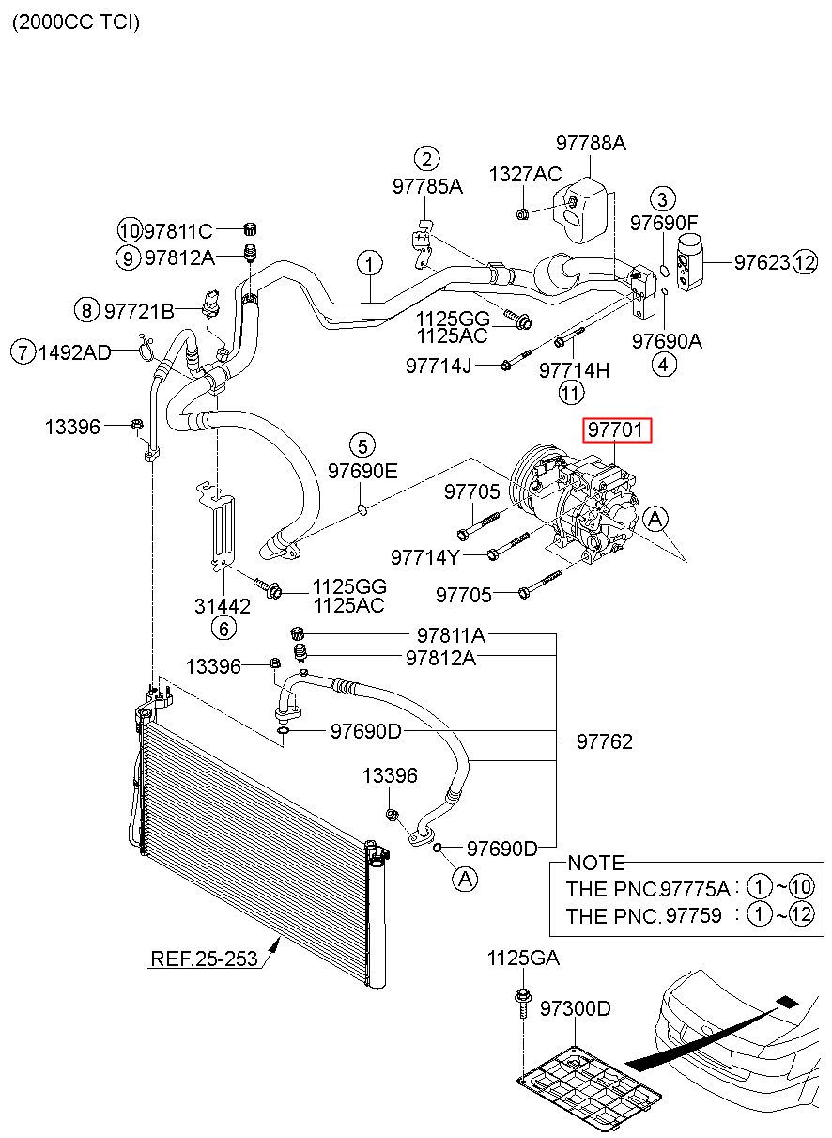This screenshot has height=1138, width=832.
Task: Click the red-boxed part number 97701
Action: click(615, 430)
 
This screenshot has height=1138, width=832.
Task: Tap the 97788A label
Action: click(591, 143)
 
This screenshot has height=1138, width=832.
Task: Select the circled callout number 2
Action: click(426, 159)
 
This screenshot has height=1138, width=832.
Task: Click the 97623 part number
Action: click(762, 262)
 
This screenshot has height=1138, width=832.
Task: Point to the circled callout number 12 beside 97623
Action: click(805, 263)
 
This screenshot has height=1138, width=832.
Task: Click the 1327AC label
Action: click(525, 174)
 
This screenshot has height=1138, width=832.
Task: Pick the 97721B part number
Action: click(139, 311)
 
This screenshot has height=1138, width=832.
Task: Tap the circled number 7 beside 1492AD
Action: click(23, 351)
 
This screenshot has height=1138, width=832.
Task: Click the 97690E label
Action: click(362, 471)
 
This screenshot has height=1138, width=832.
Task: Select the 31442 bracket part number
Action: click(223, 606)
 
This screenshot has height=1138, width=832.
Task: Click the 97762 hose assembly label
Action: click(605, 742)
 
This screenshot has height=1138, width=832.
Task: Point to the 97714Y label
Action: click(424, 557)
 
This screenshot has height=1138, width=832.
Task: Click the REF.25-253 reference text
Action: click(204, 959)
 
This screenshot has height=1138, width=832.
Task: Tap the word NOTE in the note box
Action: click(596, 863)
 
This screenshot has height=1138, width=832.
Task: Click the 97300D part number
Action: click(575, 1008)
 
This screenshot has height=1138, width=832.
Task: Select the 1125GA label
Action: click(523, 959)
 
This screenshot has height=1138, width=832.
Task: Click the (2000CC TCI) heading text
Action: click(76, 23)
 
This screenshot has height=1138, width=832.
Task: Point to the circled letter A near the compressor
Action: click(655, 519)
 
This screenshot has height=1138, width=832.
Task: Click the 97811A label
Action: click(451, 635)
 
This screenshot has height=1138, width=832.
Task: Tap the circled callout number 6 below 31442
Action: click(223, 629)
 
